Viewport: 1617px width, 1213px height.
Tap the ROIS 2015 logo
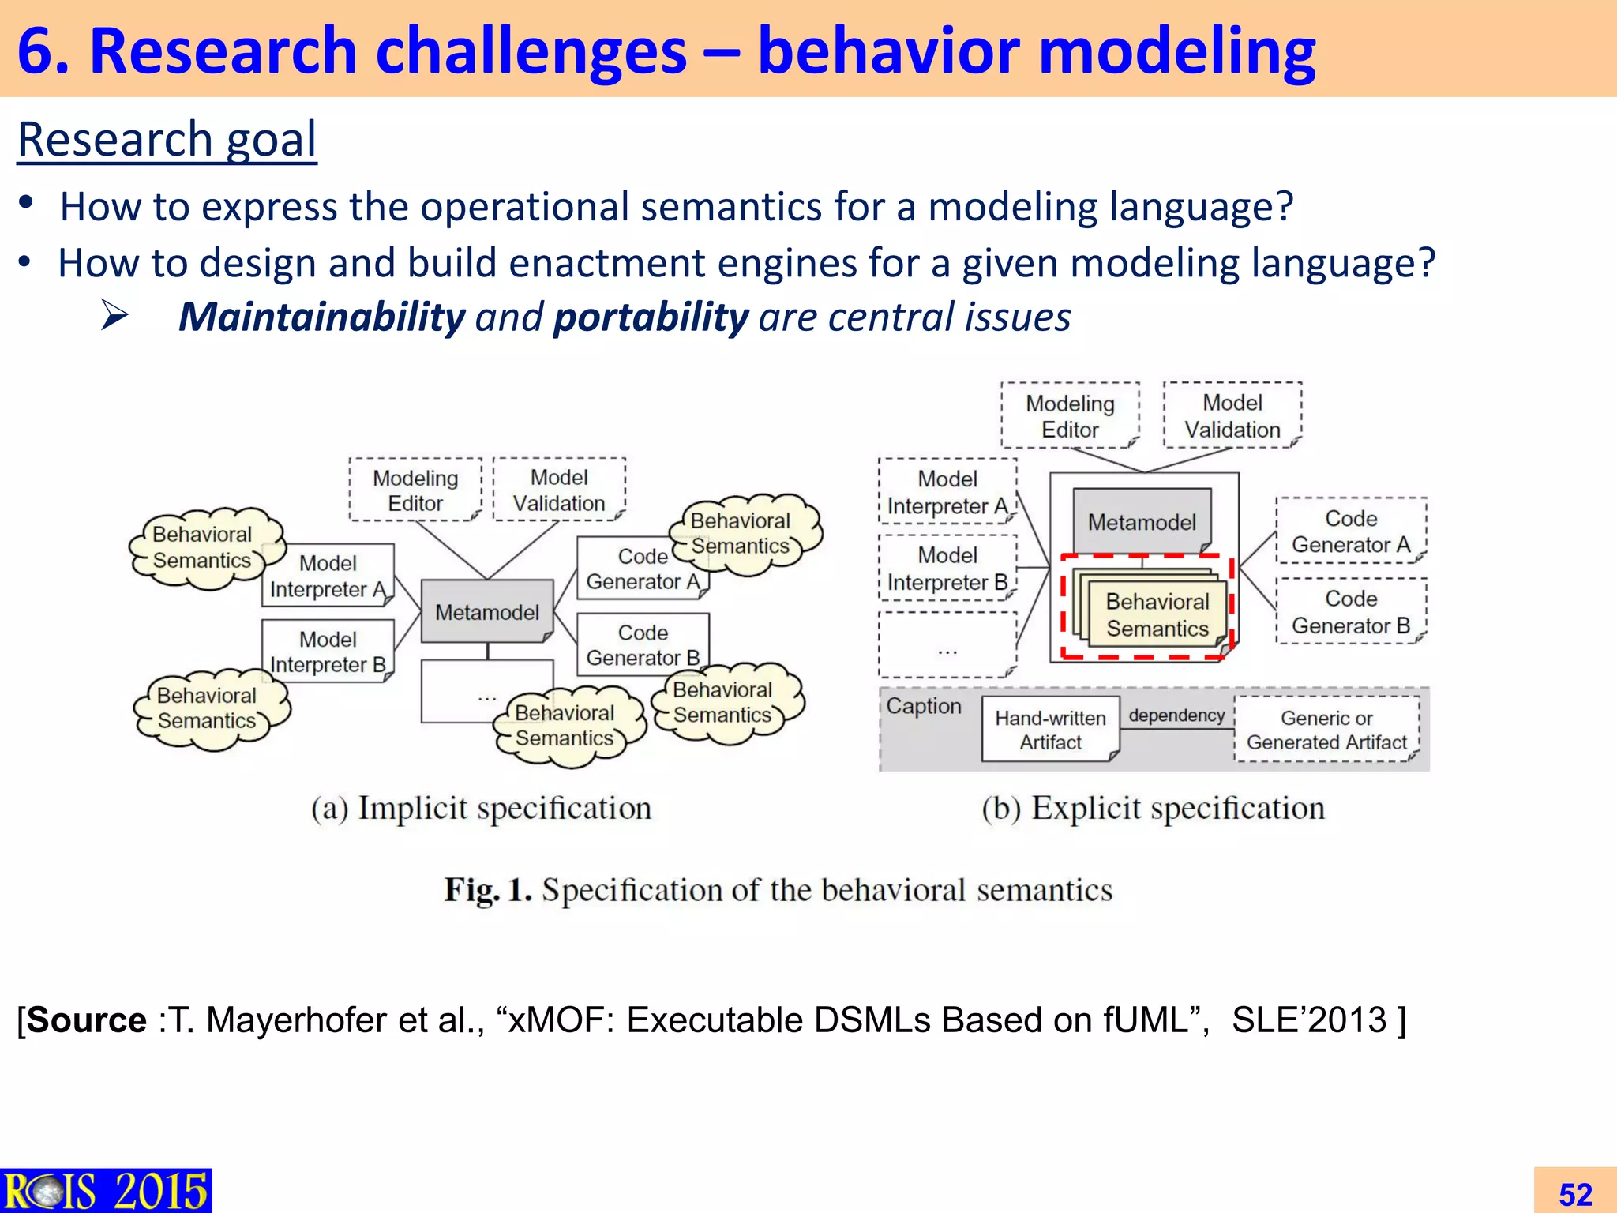[105, 1191]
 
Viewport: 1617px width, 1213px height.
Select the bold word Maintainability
[321, 317]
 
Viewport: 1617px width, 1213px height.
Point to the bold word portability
[651, 317]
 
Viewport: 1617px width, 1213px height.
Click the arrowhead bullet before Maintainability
[115, 316]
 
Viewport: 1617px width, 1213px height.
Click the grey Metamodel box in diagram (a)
[486, 611]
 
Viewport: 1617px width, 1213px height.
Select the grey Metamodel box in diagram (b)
[1142, 521]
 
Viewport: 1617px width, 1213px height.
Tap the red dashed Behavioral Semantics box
[1146, 606]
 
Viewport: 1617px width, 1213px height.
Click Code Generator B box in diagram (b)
[1351, 611]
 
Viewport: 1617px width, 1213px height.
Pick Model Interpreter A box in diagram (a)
[328, 576]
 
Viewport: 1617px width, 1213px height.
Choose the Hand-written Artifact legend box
[1050, 730]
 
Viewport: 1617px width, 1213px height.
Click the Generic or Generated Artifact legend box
[1326, 730]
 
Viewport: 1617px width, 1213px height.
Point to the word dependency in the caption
[1176, 715]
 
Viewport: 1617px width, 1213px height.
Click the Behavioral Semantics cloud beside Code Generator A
[741, 534]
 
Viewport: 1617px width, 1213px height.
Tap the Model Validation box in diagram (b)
[1232, 416]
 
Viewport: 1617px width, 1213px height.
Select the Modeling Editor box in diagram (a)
[415, 490]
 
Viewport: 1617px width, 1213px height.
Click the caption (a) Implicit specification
[481, 809]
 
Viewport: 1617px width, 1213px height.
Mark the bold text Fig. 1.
[487, 890]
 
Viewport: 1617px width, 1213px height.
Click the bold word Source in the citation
[87, 1020]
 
